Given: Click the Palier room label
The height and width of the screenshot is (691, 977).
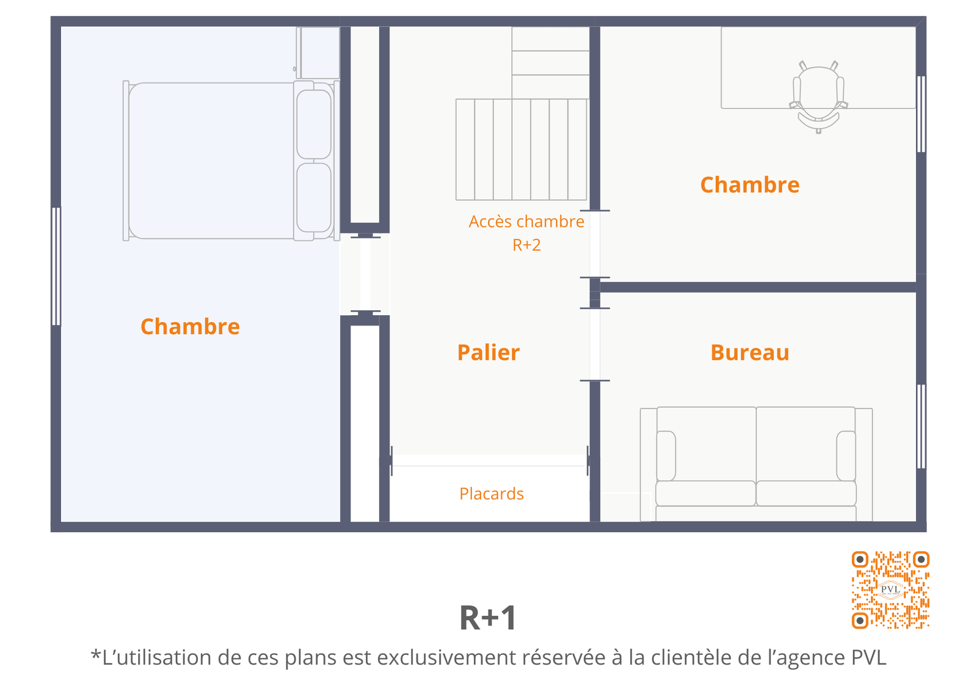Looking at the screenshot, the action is (488, 353).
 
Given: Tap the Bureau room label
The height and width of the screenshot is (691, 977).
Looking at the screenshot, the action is (750, 353).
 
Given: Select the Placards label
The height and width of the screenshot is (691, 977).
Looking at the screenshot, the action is (492, 494).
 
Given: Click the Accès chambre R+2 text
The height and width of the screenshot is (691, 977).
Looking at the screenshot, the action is (526, 233).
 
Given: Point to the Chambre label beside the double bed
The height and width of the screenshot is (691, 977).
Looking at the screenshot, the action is (190, 326).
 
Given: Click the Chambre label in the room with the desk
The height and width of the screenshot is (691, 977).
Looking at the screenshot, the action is (750, 185).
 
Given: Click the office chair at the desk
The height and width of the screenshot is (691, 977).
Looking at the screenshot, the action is (819, 97).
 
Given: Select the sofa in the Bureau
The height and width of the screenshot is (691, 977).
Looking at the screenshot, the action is (757, 464).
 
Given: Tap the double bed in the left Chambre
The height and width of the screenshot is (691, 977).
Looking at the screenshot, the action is (231, 161).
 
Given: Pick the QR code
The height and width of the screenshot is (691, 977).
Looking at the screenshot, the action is (891, 590).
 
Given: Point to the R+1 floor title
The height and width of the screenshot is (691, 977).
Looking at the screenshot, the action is (488, 618).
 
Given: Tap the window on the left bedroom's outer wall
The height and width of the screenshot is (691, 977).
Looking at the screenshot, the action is (56, 266).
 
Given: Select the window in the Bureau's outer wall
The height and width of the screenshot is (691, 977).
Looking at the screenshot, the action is (921, 426).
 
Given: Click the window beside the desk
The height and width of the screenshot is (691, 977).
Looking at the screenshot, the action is (921, 114).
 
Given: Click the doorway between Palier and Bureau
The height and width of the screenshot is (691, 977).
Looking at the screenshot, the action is (595, 345).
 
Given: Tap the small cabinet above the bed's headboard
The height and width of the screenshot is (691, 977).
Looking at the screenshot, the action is (318, 53).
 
